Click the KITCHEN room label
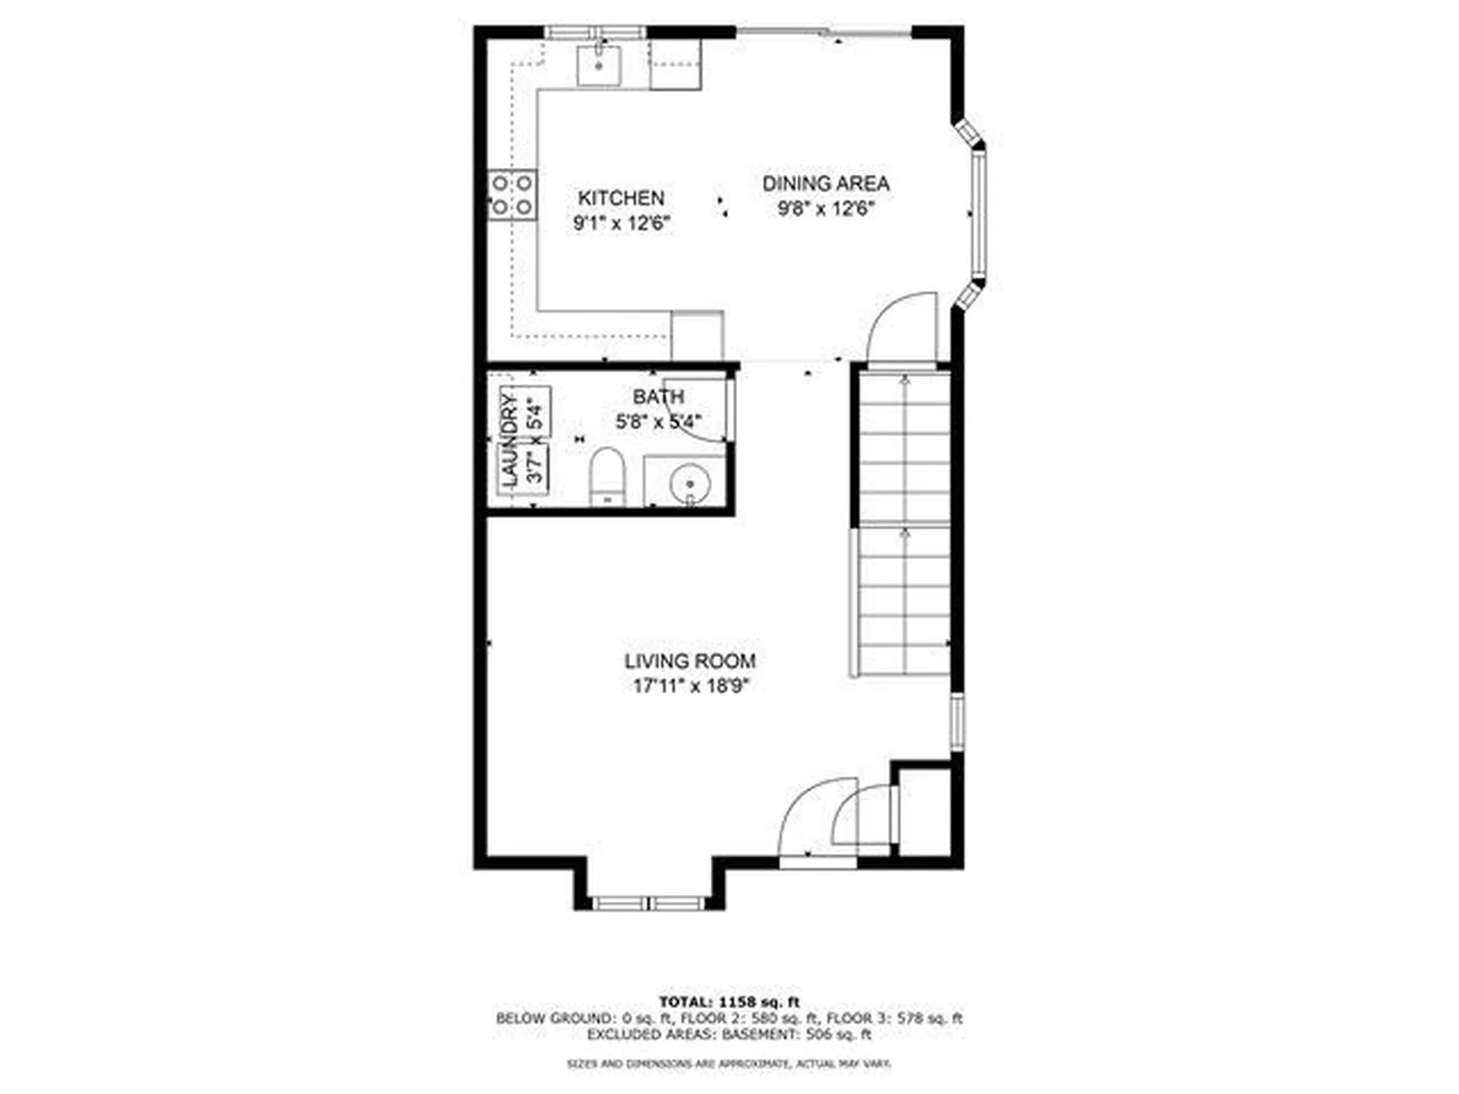point(621,198)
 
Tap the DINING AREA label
point(825,184)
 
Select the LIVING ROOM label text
point(689,662)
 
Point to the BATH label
point(658,397)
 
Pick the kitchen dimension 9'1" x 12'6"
point(622,223)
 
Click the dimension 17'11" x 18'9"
point(692,686)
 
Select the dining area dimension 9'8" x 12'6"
point(826,209)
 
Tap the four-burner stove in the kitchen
point(511,194)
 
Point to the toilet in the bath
point(607,476)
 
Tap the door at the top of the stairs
point(903,329)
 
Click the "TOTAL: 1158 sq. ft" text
point(729,1002)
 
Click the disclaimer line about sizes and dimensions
point(729,1064)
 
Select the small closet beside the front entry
point(924,811)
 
